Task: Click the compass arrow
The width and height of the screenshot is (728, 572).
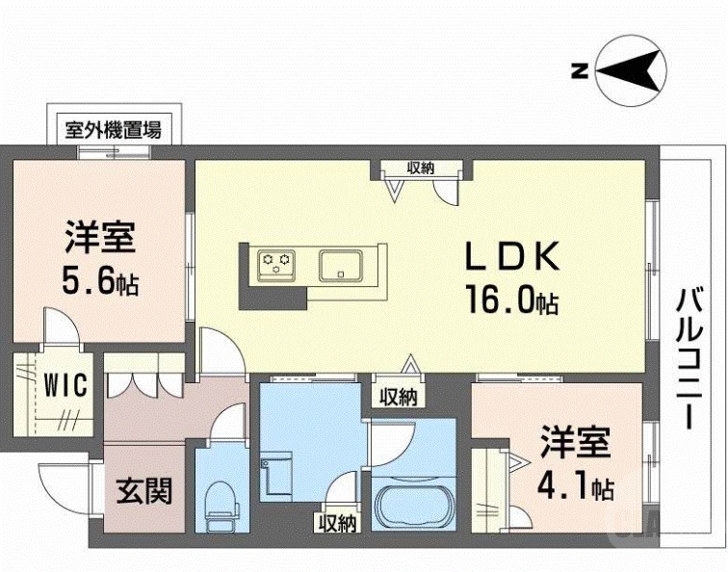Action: [632, 69]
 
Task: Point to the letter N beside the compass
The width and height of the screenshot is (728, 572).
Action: [580, 69]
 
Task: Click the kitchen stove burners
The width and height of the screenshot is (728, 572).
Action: [277, 261]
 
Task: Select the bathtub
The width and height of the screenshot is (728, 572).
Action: [412, 504]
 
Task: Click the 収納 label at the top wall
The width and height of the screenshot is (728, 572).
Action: [419, 168]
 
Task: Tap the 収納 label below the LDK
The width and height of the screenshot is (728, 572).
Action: [397, 395]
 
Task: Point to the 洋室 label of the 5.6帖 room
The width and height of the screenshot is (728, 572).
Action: [99, 236]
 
